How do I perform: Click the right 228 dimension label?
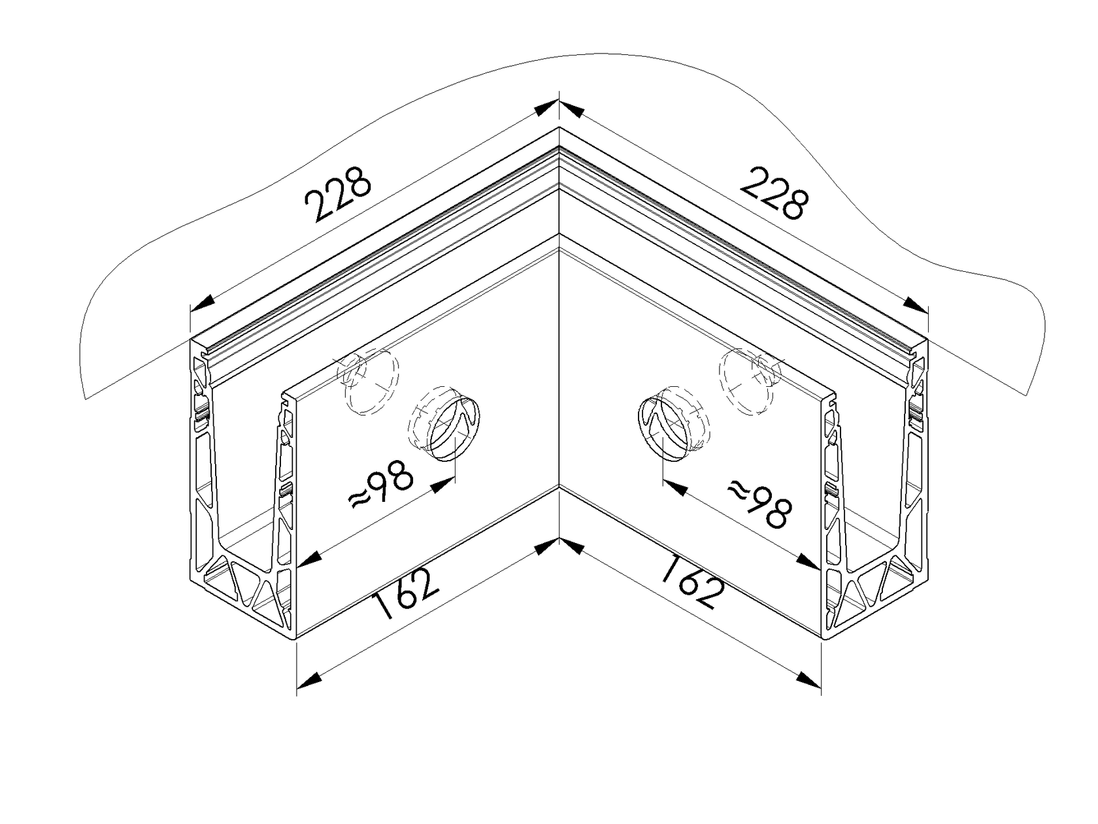[x=774, y=192]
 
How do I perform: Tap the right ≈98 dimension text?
[x=760, y=503]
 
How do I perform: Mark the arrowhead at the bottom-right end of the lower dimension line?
[x=808, y=680]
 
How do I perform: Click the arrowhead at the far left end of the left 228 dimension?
[x=203, y=301]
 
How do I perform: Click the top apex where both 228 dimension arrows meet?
[x=559, y=101]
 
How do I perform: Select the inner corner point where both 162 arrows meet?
[x=559, y=538]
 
